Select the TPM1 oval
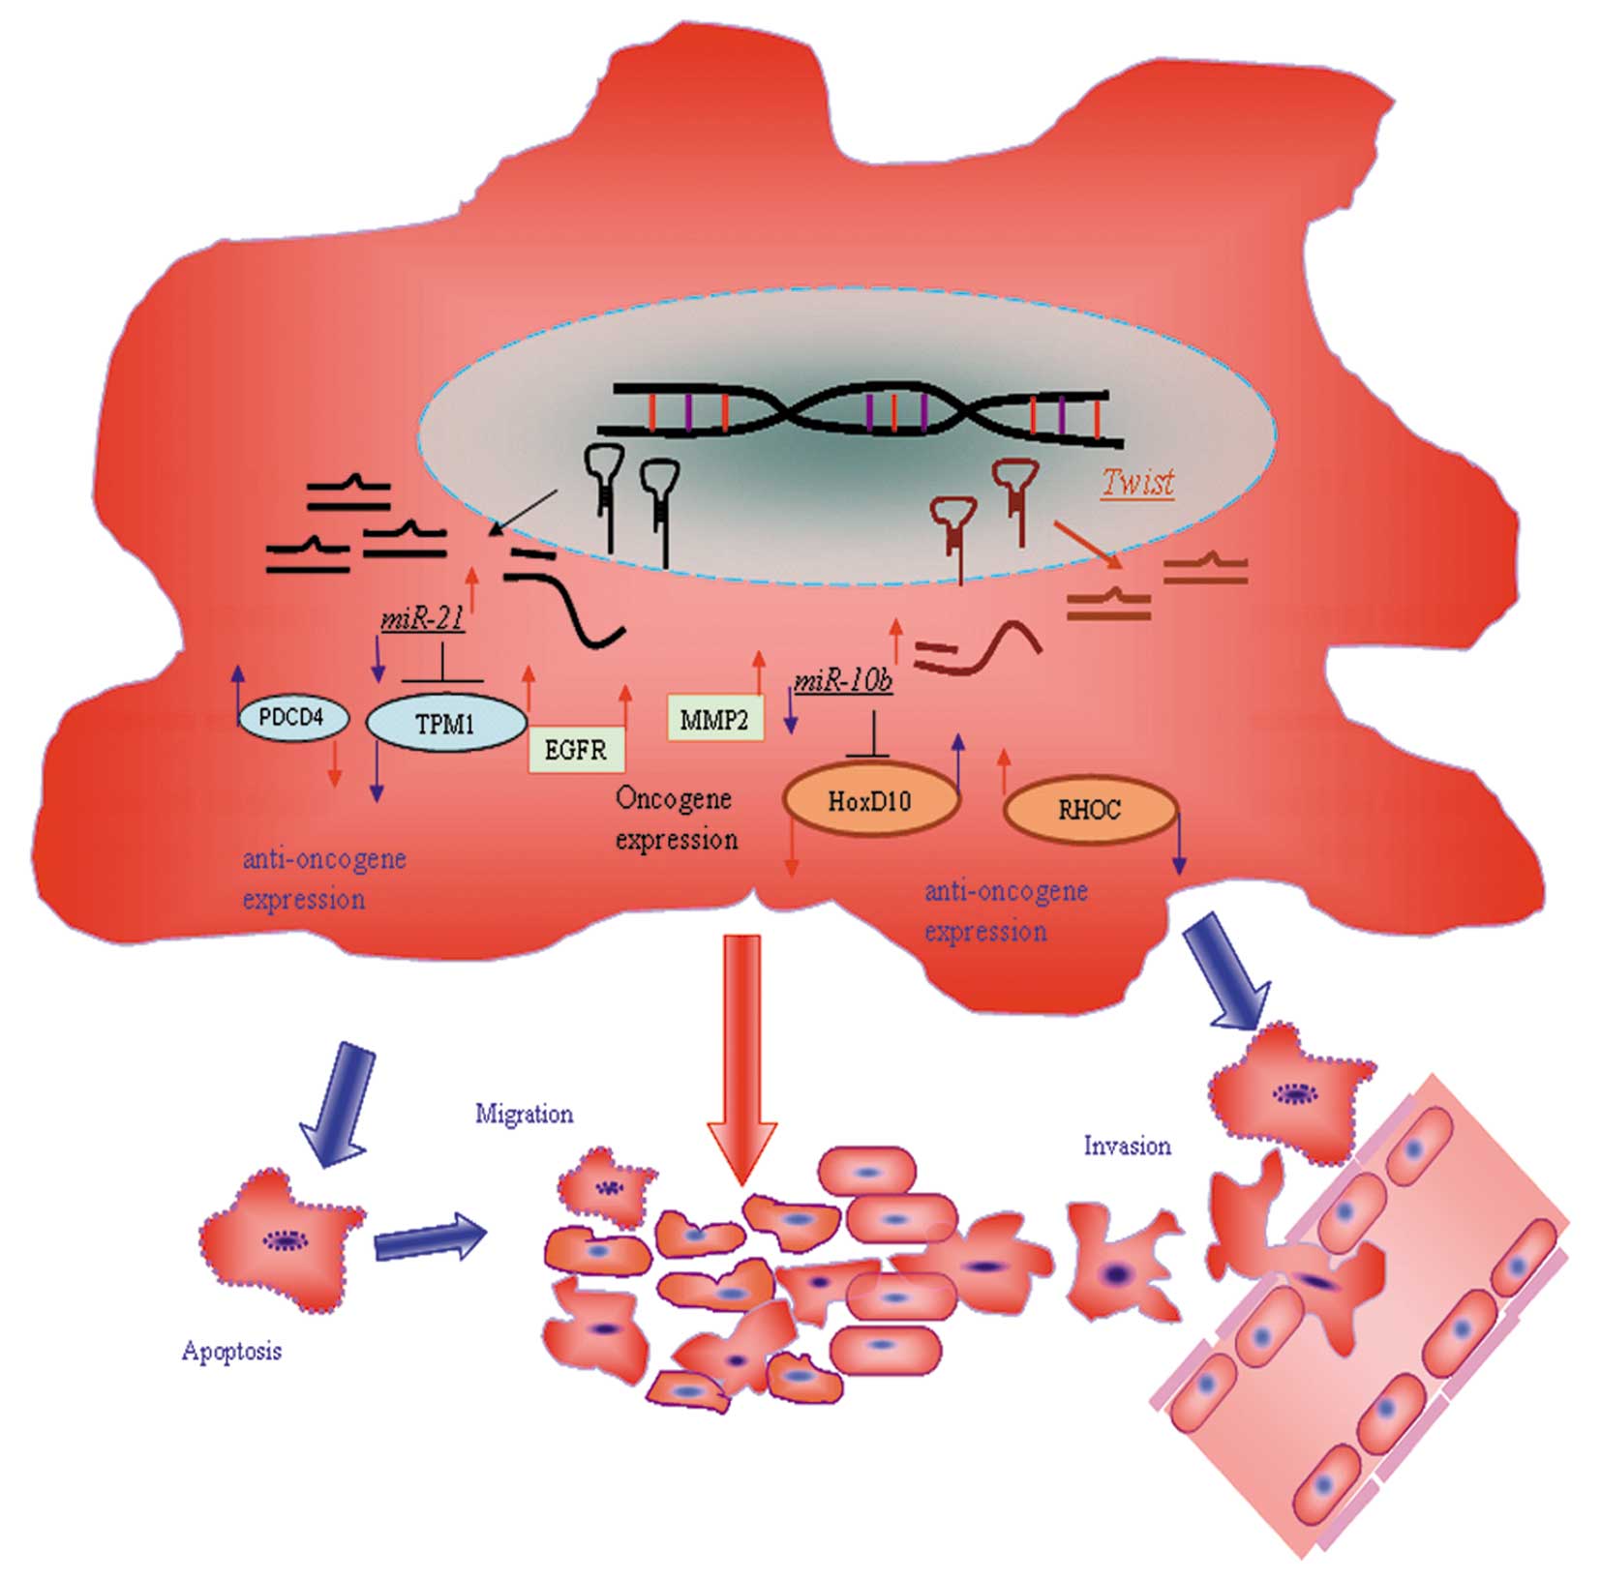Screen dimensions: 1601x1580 coord(445,723)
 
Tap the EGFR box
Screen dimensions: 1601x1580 coord(576,749)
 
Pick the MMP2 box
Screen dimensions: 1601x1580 coord(714,719)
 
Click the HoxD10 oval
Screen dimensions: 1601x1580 coord(869,801)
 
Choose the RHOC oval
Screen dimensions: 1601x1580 coord(1090,810)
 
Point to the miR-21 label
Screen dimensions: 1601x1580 coord(423,618)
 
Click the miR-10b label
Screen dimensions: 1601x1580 coord(842,682)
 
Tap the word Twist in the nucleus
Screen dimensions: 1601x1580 coord(1138,482)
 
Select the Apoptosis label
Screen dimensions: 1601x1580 coord(231,1351)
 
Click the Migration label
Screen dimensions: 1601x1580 coord(524,1114)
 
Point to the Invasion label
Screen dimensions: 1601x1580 coord(1127,1147)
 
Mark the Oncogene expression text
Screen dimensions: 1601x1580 coord(676,819)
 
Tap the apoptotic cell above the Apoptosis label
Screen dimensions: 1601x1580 coord(281,1238)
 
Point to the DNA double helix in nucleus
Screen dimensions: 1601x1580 coord(861,415)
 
